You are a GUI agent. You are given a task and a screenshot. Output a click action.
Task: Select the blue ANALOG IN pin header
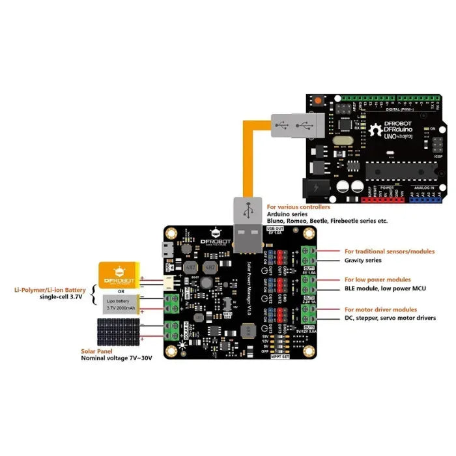427,195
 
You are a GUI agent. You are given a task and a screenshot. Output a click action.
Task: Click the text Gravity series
363,260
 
